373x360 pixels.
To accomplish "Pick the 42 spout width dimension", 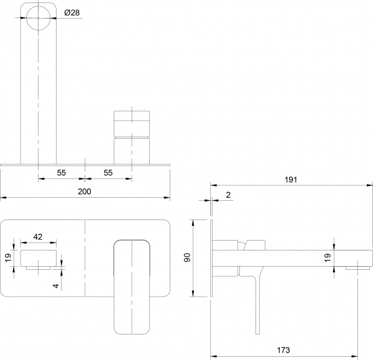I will (x=39, y=237).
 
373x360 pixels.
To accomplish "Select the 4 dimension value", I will (x=55, y=285).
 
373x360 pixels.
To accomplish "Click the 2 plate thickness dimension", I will (x=228, y=195).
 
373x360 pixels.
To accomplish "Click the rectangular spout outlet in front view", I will (x=39, y=258).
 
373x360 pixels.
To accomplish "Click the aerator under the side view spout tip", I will (x=352, y=267).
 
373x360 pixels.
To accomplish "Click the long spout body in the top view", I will (x=39, y=93).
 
